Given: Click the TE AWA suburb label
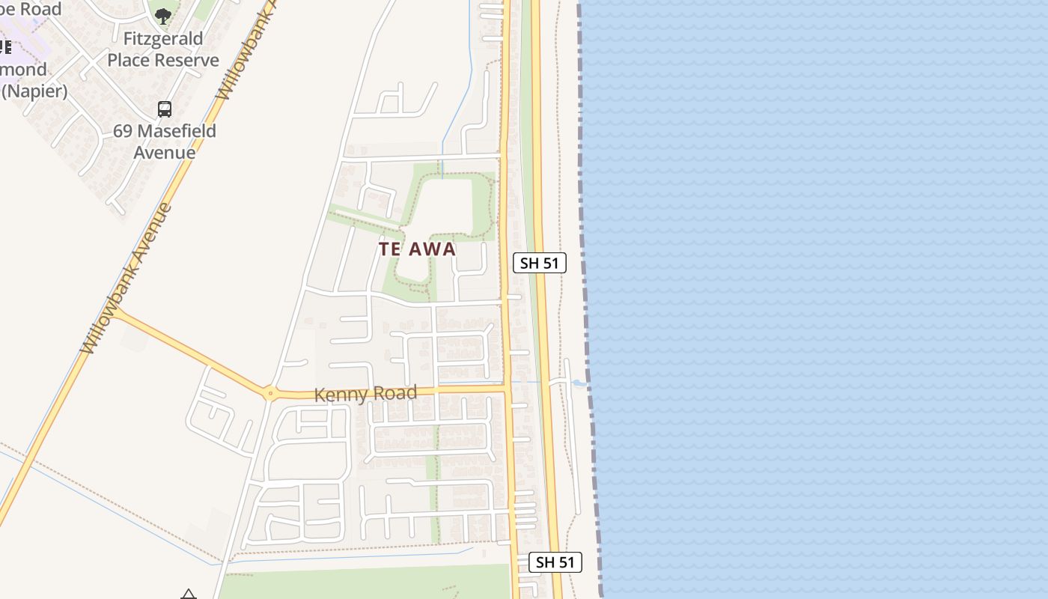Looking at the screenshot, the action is click(417, 249).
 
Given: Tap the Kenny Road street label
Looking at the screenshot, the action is click(365, 394).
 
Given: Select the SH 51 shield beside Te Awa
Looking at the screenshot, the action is click(539, 263).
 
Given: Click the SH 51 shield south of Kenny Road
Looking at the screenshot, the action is click(555, 562).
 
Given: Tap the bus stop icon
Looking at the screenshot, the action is click(165, 109).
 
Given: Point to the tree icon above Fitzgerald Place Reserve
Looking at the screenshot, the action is click(162, 15).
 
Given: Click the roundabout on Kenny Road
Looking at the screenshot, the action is click(269, 393).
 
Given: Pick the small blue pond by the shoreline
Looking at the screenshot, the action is click(579, 383).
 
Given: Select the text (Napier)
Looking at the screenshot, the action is click(34, 91).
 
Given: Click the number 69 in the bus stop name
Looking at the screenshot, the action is click(123, 131).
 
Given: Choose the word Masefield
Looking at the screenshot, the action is click(176, 131).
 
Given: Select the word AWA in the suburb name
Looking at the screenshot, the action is click(432, 249).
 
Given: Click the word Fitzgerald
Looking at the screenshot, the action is click(163, 39).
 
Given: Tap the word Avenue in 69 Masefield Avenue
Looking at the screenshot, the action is click(165, 152).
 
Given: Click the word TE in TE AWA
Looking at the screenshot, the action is click(390, 249).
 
